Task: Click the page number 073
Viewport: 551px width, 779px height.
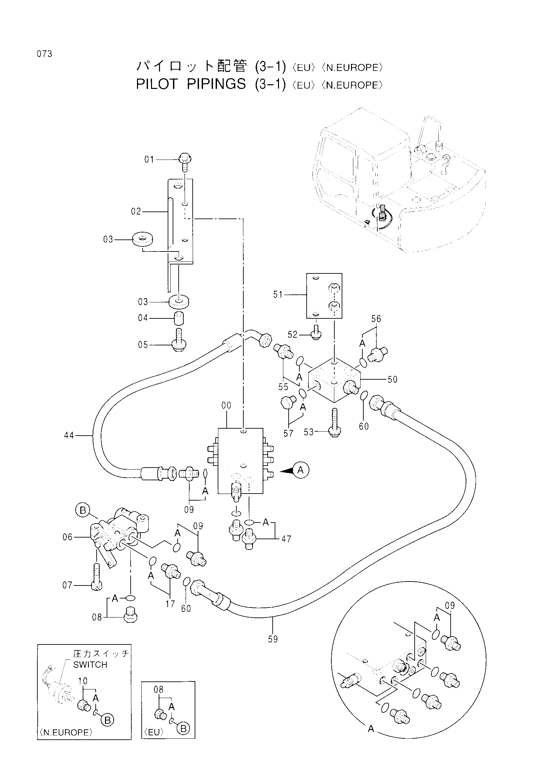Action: click(45, 54)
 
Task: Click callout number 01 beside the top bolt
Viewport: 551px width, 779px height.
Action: click(149, 160)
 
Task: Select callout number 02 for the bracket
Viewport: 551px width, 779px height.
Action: click(136, 212)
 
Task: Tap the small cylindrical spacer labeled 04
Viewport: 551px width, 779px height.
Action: click(179, 318)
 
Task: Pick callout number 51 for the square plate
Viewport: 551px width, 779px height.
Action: click(278, 294)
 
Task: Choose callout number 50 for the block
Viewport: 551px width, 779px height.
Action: click(392, 379)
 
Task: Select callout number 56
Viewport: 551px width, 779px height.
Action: click(376, 319)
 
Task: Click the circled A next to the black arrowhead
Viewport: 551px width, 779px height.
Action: click(300, 470)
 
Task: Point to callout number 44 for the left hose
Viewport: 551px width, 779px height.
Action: click(69, 435)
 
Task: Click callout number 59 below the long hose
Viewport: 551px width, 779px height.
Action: click(273, 639)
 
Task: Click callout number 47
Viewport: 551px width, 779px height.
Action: click(286, 539)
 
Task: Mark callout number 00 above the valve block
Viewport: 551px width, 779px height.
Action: click(226, 405)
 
